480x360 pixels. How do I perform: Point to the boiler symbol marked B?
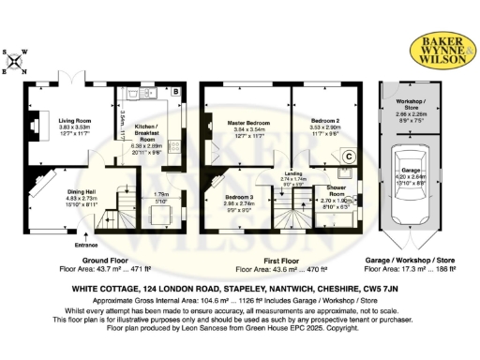pos(175,91)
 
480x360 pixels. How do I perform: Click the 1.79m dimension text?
pos(160,194)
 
